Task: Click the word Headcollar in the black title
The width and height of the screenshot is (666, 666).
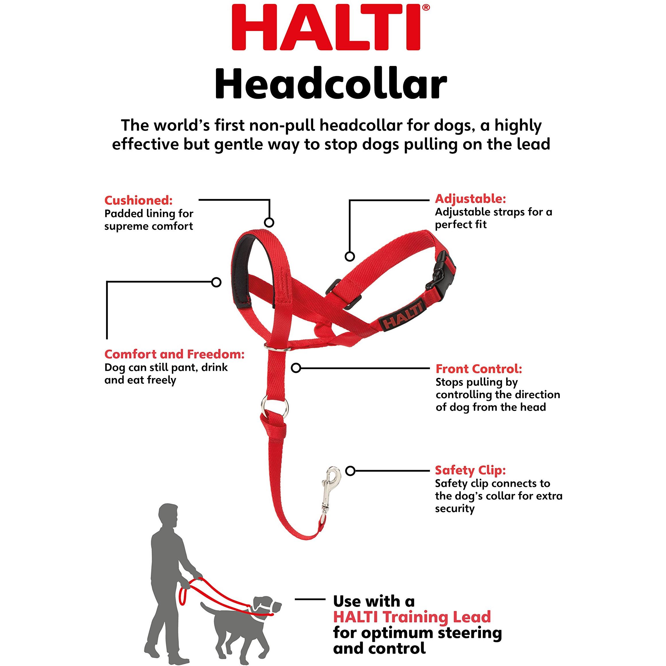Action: point(331,83)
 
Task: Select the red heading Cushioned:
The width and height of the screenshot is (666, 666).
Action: point(139,200)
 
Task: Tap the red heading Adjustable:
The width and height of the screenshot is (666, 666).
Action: point(470,198)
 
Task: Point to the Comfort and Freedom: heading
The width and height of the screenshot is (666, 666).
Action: point(174,354)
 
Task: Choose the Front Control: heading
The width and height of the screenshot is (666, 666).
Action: point(479,369)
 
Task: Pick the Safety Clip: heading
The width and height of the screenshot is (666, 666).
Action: point(470,470)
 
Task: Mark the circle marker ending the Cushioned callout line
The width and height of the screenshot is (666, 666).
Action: point(269,222)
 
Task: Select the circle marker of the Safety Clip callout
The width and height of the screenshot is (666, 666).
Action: point(350,471)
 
